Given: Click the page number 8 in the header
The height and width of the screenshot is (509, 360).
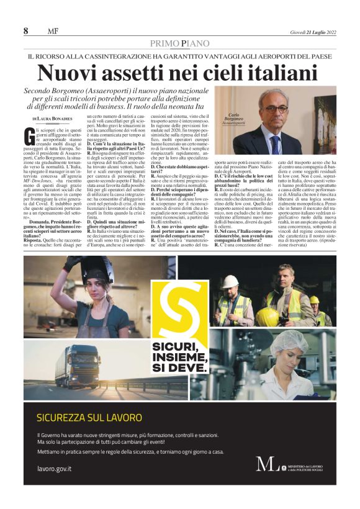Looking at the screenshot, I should coord(26,31).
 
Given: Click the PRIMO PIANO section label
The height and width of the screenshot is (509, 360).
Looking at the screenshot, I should coord(179,43).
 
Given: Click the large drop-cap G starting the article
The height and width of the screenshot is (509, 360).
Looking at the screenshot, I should coord(31,134).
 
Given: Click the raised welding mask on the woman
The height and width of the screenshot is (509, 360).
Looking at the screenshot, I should coord(84,268).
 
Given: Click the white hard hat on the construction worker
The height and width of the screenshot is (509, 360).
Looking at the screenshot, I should coord(231,281).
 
